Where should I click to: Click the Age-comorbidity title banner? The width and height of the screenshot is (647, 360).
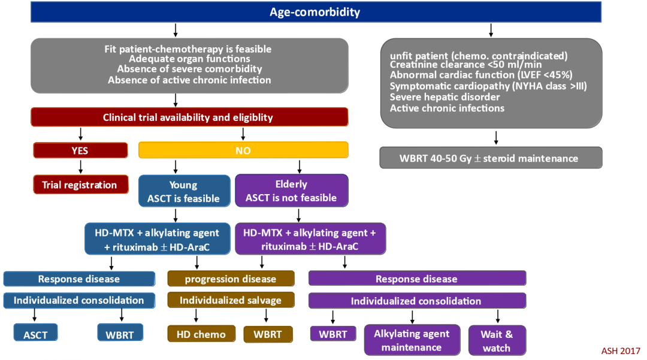323,12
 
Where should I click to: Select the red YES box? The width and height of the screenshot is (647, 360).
80,150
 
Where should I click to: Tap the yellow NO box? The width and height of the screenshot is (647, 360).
243,150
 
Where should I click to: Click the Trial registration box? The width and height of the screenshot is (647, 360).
80,184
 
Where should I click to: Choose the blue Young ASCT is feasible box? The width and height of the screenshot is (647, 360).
183,192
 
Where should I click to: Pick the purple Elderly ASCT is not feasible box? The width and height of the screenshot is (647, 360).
292,191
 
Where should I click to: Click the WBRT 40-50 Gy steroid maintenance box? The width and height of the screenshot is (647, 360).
491,159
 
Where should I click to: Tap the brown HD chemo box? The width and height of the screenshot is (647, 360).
201,334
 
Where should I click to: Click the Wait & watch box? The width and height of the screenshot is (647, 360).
496,340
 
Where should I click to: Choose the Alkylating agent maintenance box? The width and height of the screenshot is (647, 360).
411,340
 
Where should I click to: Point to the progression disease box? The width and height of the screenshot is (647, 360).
231,279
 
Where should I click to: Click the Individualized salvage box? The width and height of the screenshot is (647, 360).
231,300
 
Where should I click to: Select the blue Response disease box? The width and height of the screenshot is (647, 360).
79,279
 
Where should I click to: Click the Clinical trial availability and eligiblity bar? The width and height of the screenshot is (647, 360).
189,117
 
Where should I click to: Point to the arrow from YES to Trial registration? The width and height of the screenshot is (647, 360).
80,167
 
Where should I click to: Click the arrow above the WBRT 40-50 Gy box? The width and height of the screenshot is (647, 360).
496,138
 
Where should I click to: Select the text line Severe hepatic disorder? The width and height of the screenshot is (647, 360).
436,96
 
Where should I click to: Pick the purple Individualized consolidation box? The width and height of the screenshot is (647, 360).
416,301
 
